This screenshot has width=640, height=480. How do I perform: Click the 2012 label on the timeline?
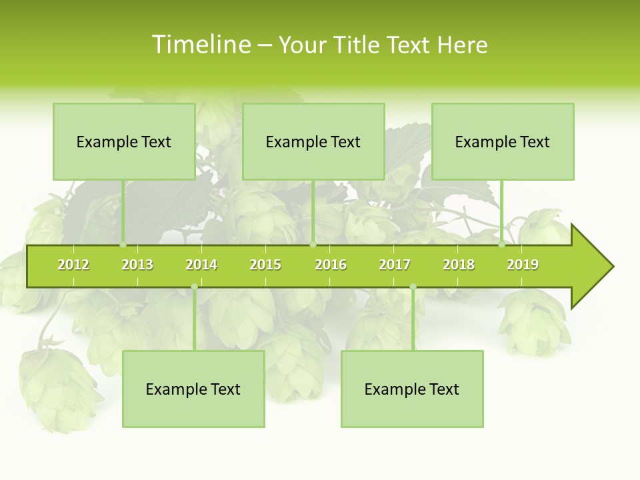(73, 265)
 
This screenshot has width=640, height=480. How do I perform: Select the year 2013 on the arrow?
(137, 265)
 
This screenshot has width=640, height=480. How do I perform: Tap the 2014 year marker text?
(201, 265)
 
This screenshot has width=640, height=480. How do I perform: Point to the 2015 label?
(265, 265)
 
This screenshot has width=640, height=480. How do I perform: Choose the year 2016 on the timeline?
(331, 265)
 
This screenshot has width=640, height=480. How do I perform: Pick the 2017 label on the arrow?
(395, 265)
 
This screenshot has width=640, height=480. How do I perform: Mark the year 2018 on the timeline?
(459, 265)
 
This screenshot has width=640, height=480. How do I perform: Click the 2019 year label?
(523, 265)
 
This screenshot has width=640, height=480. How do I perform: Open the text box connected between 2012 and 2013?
(124, 141)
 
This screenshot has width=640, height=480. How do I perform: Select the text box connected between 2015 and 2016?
(313, 141)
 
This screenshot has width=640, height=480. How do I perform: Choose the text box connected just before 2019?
(503, 141)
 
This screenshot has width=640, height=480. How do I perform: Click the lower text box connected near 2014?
(193, 389)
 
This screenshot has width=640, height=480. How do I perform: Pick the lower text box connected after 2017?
(412, 389)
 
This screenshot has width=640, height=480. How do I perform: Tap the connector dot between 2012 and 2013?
(123, 245)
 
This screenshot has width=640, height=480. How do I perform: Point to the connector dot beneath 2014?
(194, 287)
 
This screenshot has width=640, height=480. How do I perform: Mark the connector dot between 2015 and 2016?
(313, 245)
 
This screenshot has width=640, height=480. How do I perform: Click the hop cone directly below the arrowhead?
(534, 323)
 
